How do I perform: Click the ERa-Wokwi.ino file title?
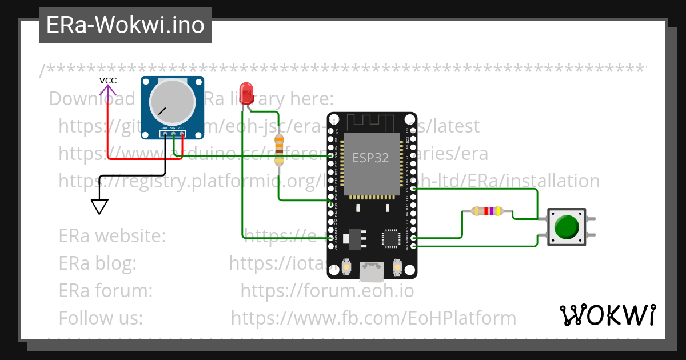point(125,25)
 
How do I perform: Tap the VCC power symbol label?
point(108,81)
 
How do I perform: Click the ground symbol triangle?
point(99,206)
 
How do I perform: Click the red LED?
point(246,93)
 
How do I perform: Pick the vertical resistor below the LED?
point(279,150)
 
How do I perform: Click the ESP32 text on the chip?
point(370,158)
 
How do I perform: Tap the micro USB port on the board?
point(372,272)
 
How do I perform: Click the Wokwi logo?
point(608,315)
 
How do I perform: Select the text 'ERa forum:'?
point(106,290)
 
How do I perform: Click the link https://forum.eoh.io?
point(327,290)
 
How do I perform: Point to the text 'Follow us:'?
point(101,318)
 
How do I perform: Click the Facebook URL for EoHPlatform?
point(373,318)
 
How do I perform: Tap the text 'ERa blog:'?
point(97,263)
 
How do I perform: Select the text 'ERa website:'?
point(112,235)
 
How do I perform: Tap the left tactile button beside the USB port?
point(346,266)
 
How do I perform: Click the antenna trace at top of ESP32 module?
point(372,121)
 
